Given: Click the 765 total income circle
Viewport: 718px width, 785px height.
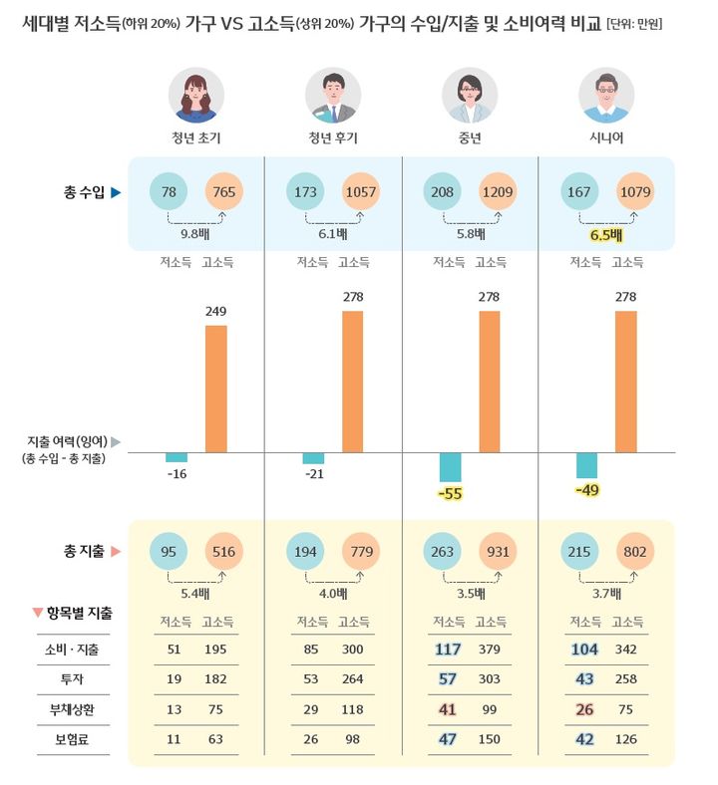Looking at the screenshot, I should [x=225, y=191].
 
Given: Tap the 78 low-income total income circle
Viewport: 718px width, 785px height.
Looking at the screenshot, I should [x=169, y=191].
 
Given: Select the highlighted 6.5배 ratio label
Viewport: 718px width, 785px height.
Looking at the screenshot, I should [x=606, y=235].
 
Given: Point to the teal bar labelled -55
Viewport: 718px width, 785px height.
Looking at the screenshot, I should [x=451, y=467].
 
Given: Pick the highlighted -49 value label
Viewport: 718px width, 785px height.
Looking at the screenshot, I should [x=587, y=490].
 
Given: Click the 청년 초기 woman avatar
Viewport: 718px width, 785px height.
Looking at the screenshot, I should [x=196, y=96].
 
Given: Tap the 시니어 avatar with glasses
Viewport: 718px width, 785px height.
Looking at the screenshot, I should [x=606, y=96].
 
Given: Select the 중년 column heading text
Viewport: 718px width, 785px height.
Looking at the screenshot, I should [x=470, y=137].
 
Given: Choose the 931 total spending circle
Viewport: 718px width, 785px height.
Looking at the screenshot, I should [x=499, y=551].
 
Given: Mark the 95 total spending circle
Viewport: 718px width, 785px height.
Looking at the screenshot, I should [x=169, y=551].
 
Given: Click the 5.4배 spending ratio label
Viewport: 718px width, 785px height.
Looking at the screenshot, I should [x=196, y=594].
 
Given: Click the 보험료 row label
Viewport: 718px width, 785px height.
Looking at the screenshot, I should [x=76, y=740].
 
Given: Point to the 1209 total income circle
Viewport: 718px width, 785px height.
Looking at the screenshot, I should [x=499, y=191].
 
